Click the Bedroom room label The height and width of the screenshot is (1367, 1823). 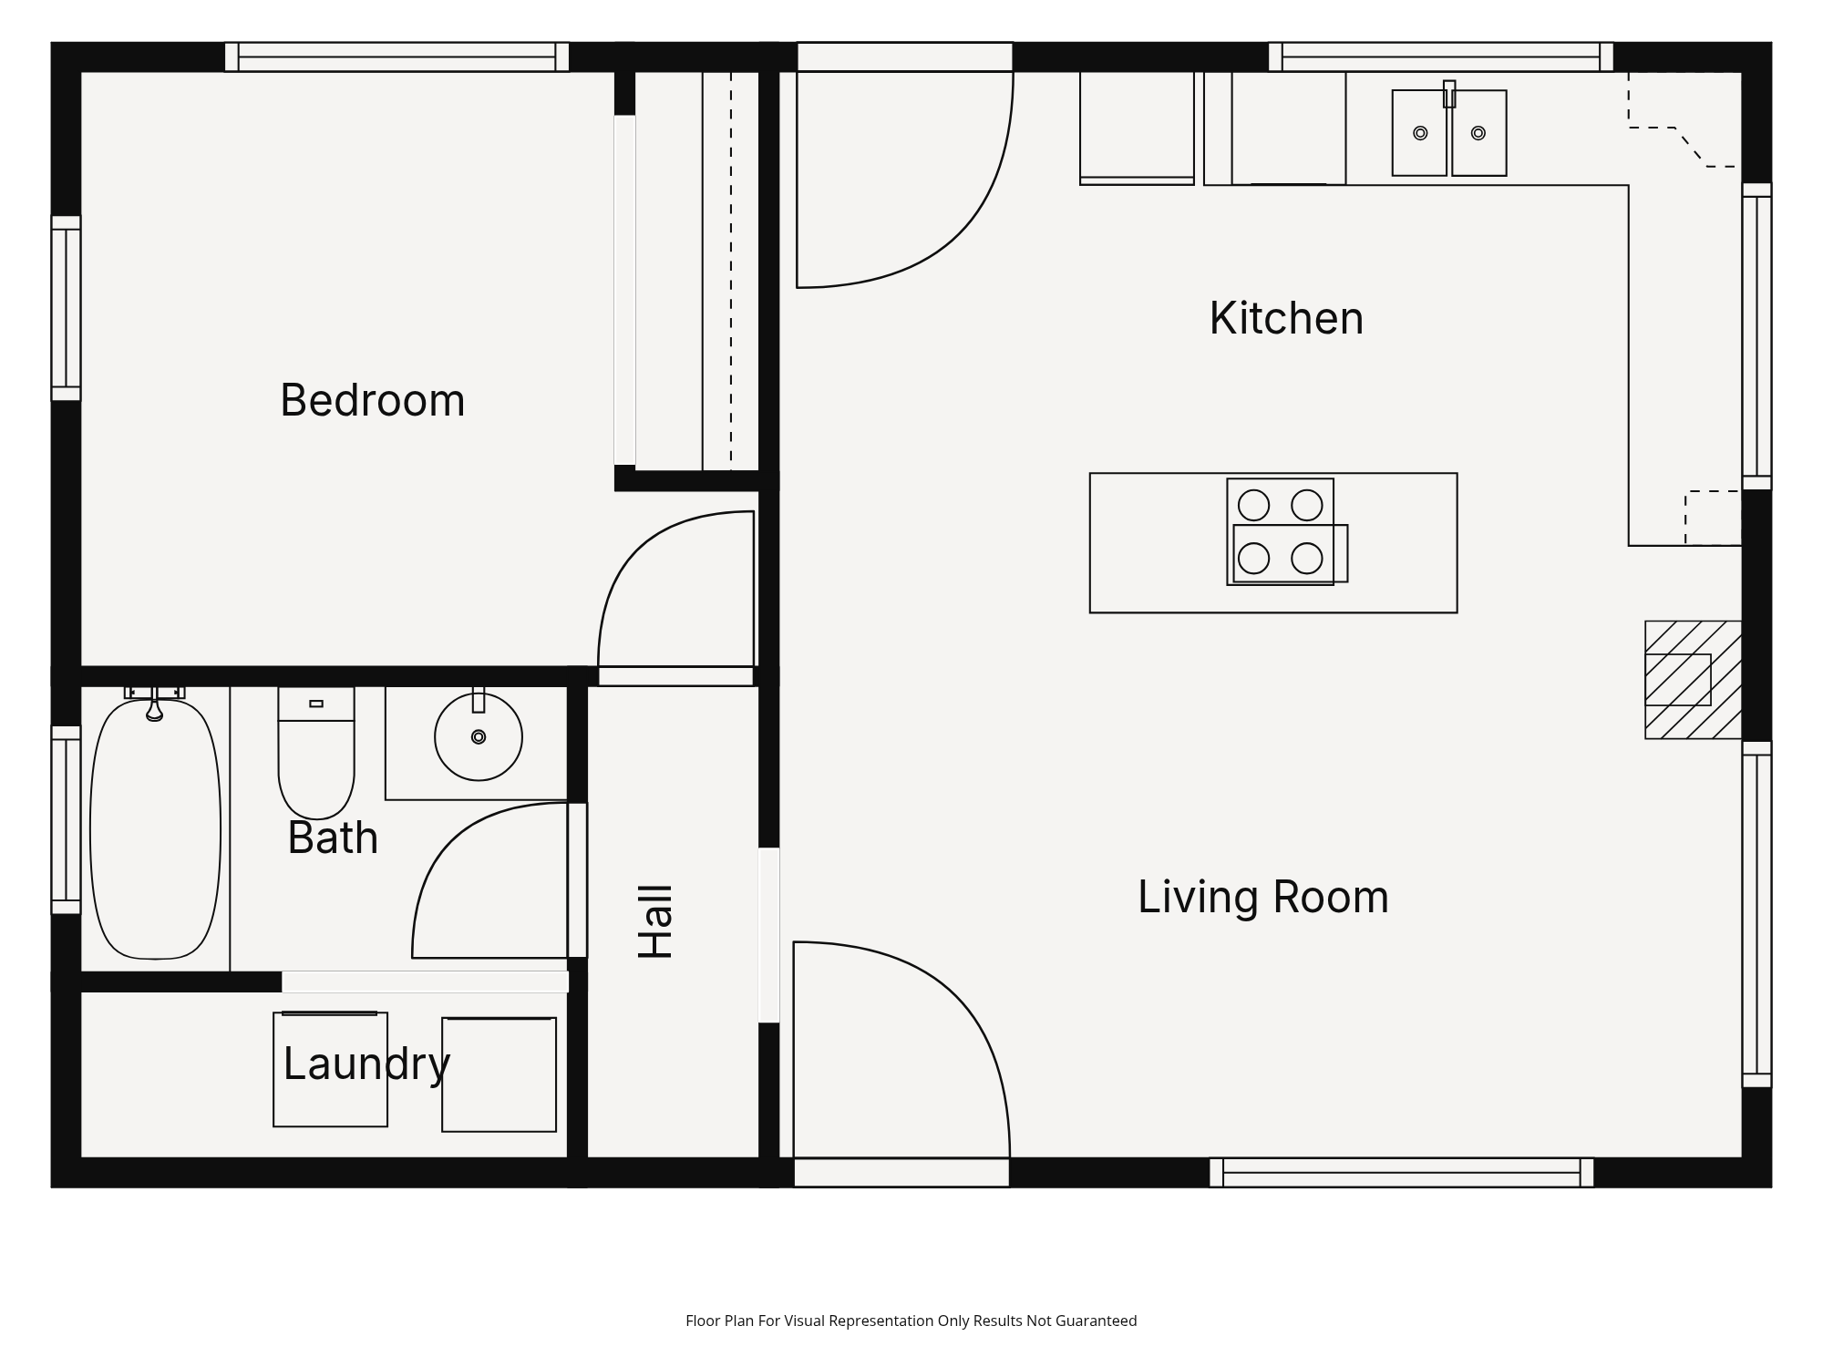click(x=373, y=400)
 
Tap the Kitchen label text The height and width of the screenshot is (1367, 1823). click(x=1286, y=318)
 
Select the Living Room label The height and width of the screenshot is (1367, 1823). click(x=1263, y=897)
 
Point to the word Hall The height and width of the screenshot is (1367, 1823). click(x=655, y=921)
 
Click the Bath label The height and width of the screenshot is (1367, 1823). click(x=333, y=838)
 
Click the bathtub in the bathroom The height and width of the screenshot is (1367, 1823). click(x=155, y=828)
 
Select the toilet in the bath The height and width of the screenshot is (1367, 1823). click(x=316, y=753)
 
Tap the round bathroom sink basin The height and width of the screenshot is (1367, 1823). click(x=479, y=737)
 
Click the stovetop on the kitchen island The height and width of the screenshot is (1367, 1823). click(x=1286, y=531)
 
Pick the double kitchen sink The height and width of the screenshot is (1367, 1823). click(x=1449, y=132)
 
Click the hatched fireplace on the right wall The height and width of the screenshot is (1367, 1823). click(x=1693, y=680)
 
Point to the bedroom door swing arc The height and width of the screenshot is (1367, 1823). click(x=638, y=547)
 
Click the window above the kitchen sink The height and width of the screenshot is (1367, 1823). click(x=1441, y=57)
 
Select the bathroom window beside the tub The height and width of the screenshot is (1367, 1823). click(x=66, y=819)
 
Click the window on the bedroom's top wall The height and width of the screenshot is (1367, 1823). click(x=397, y=57)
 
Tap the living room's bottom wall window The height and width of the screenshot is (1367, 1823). click(x=1402, y=1173)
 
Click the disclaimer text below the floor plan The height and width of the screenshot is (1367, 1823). click(x=911, y=1321)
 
